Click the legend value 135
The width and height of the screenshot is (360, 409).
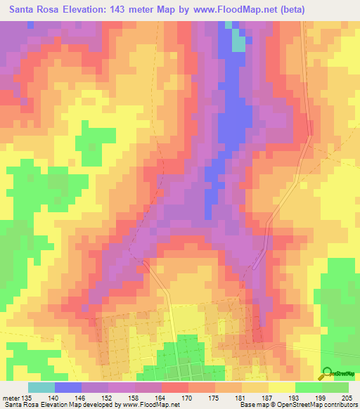coord(27,398)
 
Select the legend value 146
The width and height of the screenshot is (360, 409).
coord(81,398)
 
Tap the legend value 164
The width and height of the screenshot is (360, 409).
coord(161,398)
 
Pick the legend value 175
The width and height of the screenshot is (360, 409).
coord(214,398)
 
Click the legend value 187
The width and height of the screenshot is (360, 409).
coord(268,398)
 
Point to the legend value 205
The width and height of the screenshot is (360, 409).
coord(348,398)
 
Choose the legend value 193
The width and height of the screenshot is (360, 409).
coord(295,398)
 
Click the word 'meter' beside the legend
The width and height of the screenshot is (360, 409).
coord(10,398)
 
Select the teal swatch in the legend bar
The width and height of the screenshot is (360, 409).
coord(41,387)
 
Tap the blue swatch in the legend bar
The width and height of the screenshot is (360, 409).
coord(68,387)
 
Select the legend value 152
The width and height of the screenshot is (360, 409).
coord(108,398)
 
